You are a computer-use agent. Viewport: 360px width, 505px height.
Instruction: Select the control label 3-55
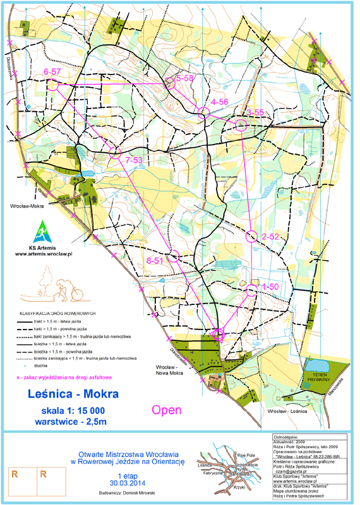coord(255,112)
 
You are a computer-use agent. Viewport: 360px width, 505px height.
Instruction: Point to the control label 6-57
coord(52,72)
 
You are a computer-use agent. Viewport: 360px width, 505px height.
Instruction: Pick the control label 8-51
coord(155,260)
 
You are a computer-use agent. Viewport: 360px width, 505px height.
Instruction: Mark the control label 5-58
coord(184,78)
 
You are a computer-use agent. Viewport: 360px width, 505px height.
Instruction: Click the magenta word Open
coord(167,410)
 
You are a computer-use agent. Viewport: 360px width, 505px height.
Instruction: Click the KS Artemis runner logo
coord(40,231)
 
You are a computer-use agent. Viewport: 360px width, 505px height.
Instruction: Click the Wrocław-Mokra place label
coord(27,206)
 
